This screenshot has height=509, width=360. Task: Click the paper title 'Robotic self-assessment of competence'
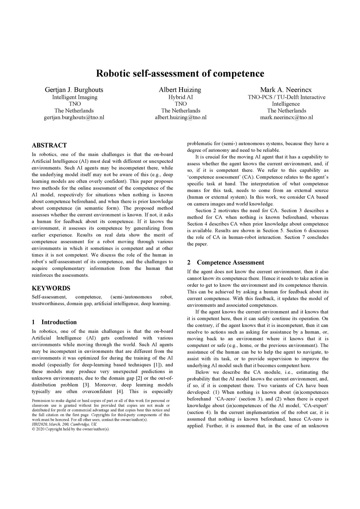pyautogui.click(x=180, y=73)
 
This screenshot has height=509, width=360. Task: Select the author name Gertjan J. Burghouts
pyautogui.click(x=74, y=90)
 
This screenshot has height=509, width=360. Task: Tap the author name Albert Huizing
pyautogui.click(x=180, y=90)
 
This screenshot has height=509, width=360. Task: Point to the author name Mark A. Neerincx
pyautogui.click(x=286, y=90)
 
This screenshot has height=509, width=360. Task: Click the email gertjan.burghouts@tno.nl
pyautogui.click(x=74, y=117)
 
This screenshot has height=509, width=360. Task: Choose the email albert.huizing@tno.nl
pyautogui.click(x=180, y=117)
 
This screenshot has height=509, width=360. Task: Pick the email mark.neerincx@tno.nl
pyautogui.click(x=286, y=117)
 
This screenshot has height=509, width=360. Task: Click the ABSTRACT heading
pyautogui.click(x=49, y=146)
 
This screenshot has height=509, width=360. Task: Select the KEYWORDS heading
pyautogui.click(x=51, y=288)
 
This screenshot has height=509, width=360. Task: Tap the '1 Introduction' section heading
pyautogui.click(x=54, y=322)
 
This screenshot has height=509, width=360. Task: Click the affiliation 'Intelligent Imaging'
pyautogui.click(x=75, y=97)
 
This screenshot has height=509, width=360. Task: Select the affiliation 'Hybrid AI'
pyautogui.click(x=180, y=97)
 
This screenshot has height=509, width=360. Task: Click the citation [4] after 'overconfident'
pyautogui.click(x=120, y=392)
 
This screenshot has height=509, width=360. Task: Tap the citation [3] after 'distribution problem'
pyautogui.click(x=85, y=385)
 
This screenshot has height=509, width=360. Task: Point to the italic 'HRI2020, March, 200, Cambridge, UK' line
pyautogui.click(x=64, y=424)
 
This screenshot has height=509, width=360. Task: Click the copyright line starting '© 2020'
pyautogui.click(x=71, y=429)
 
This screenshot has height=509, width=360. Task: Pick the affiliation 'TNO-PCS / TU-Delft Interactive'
pyautogui.click(x=286, y=97)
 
